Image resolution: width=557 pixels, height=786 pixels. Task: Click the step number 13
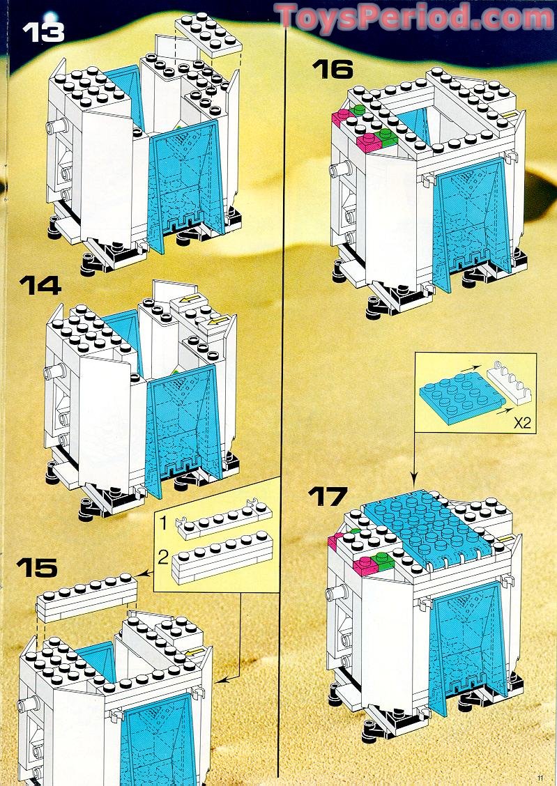click(x=44, y=31)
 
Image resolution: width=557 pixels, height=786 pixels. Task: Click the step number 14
click(x=40, y=285)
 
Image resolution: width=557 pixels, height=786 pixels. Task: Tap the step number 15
click(x=38, y=567)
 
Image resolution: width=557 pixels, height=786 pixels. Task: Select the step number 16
click(x=333, y=68)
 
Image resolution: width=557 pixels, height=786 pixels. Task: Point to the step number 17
click(x=328, y=498)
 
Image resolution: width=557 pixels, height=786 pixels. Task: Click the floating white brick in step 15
click(x=86, y=596)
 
